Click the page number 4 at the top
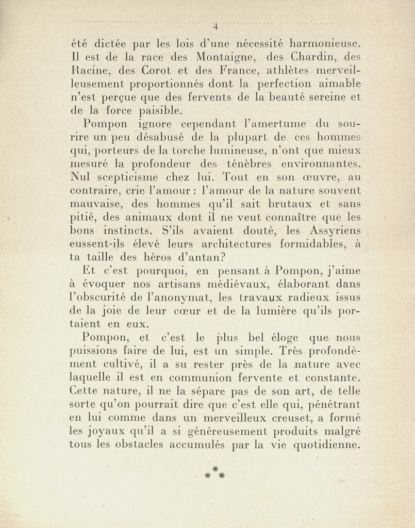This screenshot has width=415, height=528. click(x=216, y=27)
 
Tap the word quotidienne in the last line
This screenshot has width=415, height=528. click(x=326, y=445)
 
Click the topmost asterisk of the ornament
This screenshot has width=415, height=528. click(x=215, y=468)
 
